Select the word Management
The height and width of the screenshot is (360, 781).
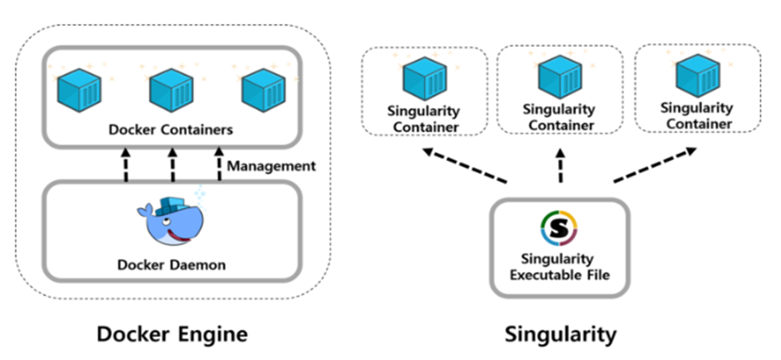coord(271,166)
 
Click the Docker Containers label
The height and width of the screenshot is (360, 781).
coord(171,128)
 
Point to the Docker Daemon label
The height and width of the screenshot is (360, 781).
coord(172,264)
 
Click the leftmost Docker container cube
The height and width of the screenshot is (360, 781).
coord(77,89)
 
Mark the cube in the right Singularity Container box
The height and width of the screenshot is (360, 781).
coord(698,76)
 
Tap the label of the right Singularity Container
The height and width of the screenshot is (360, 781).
coord(698,115)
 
